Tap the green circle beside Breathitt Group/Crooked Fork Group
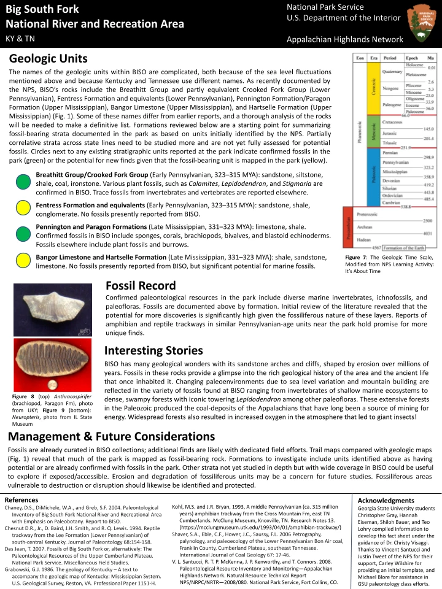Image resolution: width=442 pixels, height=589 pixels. point(23,183)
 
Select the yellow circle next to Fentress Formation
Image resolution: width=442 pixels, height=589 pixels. point(23,209)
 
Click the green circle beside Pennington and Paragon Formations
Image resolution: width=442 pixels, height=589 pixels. point(23,234)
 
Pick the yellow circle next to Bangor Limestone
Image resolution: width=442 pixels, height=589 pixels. point(23,261)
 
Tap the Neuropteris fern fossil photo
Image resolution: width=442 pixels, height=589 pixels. point(55,365)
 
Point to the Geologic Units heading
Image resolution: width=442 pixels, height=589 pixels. point(48,59)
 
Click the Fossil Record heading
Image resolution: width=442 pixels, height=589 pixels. point(141,285)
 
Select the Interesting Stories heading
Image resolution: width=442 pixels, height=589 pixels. point(153,350)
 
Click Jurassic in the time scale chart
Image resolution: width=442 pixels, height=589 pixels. point(389,133)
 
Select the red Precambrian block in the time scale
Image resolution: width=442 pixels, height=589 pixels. point(347,229)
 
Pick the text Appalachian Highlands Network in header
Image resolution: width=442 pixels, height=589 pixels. point(345,39)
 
